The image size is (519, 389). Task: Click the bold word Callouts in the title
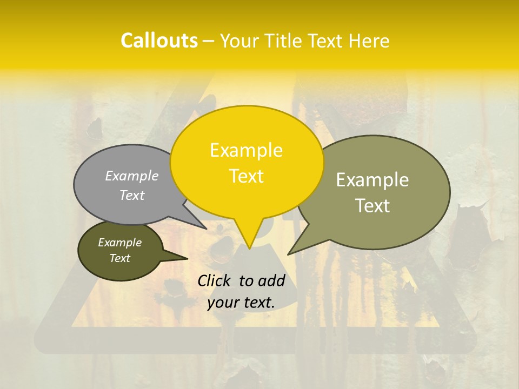[159, 41]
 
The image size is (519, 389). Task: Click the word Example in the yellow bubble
[246, 150]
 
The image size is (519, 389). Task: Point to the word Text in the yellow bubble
[246, 176]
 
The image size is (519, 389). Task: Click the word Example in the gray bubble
[132, 176]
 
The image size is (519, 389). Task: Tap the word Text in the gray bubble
[132, 195]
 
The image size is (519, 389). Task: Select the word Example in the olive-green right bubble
[372, 180]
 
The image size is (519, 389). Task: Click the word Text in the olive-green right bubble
[372, 206]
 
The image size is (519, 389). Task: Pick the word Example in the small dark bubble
[119, 243]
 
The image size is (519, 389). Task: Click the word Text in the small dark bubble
[119, 258]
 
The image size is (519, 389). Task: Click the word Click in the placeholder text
[215, 280]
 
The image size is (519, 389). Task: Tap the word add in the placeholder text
[271, 280]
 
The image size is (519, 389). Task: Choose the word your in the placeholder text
[223, 303]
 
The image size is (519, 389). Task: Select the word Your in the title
[238, 41]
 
